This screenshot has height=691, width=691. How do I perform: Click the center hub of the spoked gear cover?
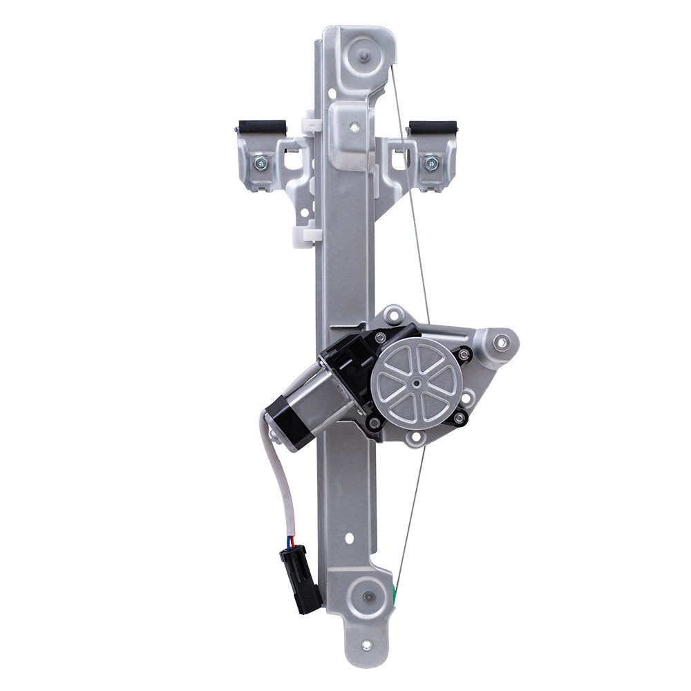417,382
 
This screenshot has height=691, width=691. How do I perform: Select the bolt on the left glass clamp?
261,164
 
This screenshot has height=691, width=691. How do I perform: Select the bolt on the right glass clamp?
431,164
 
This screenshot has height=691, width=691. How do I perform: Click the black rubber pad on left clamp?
261,127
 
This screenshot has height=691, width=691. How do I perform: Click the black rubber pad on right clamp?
433,128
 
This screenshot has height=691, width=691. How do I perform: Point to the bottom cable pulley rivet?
366,596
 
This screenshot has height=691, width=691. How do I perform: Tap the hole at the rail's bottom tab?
366,645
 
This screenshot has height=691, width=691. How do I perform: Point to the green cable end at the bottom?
395,591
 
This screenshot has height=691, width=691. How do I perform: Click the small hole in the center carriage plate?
354,127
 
